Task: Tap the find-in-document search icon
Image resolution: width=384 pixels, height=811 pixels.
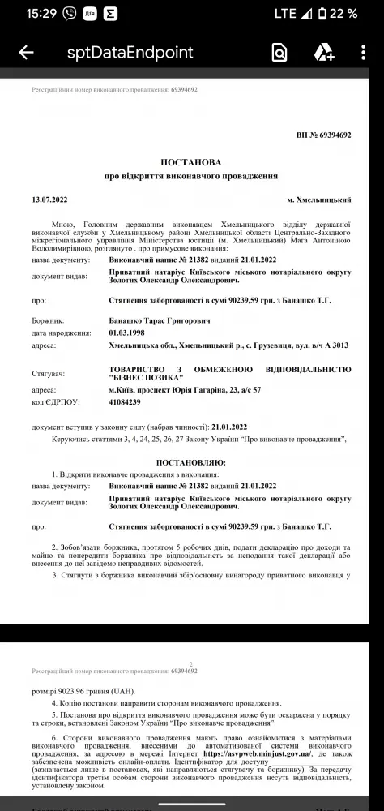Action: click(x=279, y=53)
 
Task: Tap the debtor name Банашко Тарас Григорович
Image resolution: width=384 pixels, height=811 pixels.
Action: click(x=159, y=321)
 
